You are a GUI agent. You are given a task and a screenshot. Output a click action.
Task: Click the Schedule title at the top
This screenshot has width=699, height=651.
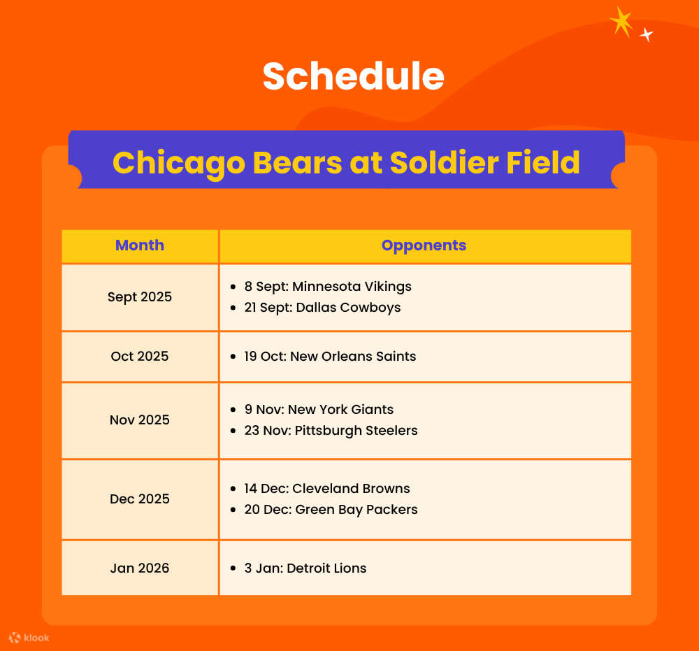pyautogui.click(x=353, y=76)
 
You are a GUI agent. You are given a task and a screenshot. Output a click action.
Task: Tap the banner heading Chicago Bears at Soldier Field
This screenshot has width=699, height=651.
pyautogui.click(x=346, y=162)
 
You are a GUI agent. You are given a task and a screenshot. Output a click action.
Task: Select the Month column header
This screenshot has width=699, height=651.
pyautogui.click(x=140, y=245)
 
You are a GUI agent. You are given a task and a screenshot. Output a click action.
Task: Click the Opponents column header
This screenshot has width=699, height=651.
pyautogui.click(x=424, y=245)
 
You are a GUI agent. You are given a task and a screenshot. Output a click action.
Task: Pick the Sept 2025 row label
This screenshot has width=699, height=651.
pyautogui.click(x=140, y=297)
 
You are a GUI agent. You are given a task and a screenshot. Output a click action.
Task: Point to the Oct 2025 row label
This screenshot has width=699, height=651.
pyautogui.click(x=140, y=357)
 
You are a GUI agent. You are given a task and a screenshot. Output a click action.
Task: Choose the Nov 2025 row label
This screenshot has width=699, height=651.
pyautogui.click(x=140, y=420)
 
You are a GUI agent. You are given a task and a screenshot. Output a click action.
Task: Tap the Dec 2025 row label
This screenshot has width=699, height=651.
pyautogui.click(x=140, y=499)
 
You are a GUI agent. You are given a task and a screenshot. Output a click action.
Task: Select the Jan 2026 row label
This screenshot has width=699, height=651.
pyautogui.click(x=140, y=568)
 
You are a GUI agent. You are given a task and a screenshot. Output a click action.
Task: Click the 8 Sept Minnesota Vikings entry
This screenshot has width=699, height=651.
pyautogui.click(x=327, y=287)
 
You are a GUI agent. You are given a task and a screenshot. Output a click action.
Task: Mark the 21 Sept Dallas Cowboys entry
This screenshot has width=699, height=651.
pyautogui.click(x=322, y=308)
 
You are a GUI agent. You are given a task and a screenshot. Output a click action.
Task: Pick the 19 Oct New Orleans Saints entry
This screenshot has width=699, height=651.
pyautogui.click(x=330, y=357)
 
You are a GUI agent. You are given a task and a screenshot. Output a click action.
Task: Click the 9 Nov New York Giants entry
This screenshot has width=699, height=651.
pyautogui.click(x=319, y=410)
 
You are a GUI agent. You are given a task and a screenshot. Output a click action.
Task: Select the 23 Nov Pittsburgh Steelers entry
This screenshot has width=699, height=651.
pyautogui.click(x=331, y=431)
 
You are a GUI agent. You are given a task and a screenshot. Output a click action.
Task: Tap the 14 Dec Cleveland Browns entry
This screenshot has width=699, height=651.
pyautogui.click(x=327, y=489)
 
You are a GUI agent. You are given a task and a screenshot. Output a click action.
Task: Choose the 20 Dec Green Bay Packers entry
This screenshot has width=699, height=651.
pyautogui.click(x=331, y=510)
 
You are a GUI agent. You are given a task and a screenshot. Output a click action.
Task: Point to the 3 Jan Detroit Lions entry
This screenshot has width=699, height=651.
pyautogui.click(x=305, y=568)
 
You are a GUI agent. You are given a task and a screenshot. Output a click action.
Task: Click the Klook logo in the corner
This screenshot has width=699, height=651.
pyautogui.click(x=29, y=638)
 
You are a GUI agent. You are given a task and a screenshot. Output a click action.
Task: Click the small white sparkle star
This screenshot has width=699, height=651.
pyautogui.click(x=647, y=34)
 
